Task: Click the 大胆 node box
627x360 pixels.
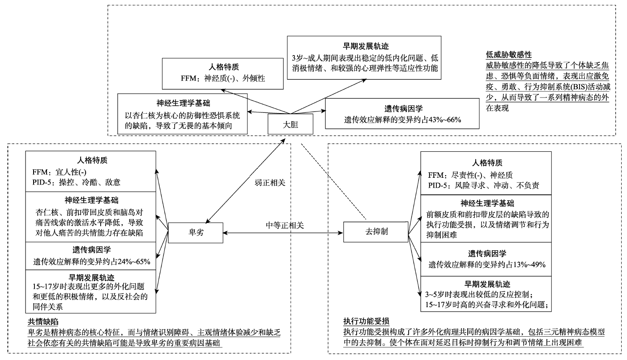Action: [x=290, y=124]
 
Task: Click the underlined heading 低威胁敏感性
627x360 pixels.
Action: [x=508, y=55]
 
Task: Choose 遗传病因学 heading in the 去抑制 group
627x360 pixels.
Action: [x=486, y=253]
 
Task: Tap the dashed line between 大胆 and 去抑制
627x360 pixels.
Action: [x=334, y=180]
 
